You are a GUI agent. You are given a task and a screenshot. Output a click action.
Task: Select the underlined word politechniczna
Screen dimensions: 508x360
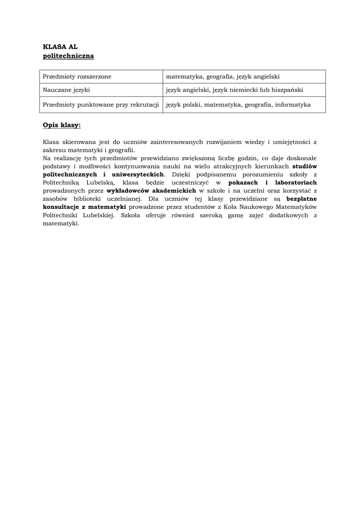[68, 56]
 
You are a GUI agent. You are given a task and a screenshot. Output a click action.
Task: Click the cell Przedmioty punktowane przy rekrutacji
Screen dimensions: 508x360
[100, 105]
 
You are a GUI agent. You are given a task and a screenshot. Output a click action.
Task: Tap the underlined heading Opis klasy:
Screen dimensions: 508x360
[62, 125]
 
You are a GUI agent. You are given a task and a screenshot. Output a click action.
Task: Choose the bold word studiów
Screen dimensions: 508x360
[304, 166]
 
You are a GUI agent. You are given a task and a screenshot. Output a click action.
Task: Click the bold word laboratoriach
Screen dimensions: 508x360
[294, 183]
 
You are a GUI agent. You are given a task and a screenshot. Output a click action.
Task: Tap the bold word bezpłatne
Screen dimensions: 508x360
[301, 198]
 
